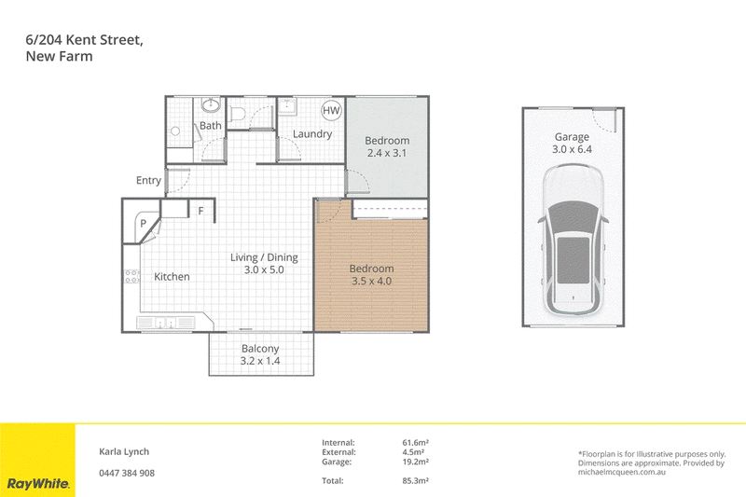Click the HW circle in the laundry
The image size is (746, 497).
click(x=331, y=110)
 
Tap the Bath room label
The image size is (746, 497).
click(x=211, y=126)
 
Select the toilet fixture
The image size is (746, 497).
click(x=237, y=114)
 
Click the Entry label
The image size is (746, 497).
click(x=148, y=180)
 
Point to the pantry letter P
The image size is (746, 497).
click(x=143, y=223)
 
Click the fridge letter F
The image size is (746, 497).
click(x=200, y=211)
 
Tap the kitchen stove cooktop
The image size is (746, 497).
click(x=131, y=276)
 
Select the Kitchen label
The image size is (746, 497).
click(x=172, y=276)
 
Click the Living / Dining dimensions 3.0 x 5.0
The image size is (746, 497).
click(x=264, y=269)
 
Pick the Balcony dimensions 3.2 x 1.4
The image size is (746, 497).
click(x=260, y=361)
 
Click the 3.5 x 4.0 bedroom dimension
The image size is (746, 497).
click(x=371, y=281)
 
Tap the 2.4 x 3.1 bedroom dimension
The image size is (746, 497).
click(x=387, y=153)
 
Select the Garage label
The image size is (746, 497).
click(x=572, y=137)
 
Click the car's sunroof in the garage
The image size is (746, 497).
click(x=573, y=259)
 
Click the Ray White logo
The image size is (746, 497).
click(x=38, y=484)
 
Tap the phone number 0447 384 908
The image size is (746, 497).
click(x=127, y=473)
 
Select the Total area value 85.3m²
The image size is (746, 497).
click(x=415, y=481)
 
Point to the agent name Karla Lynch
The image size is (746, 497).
click(x=124, y=452)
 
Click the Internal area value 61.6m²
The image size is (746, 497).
click(x=415, y=443)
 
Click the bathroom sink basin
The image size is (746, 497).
click(x=211, y=105)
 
